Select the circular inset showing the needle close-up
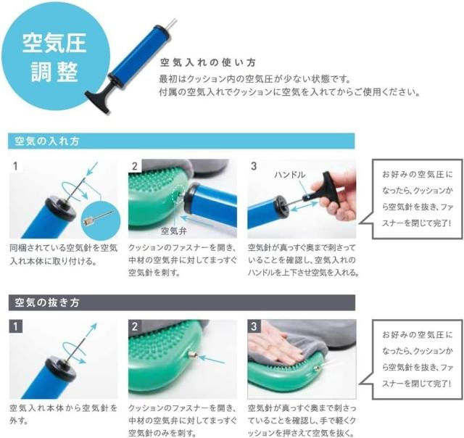click(x=99, y=216)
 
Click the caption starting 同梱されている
click(x=62, y=253)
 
